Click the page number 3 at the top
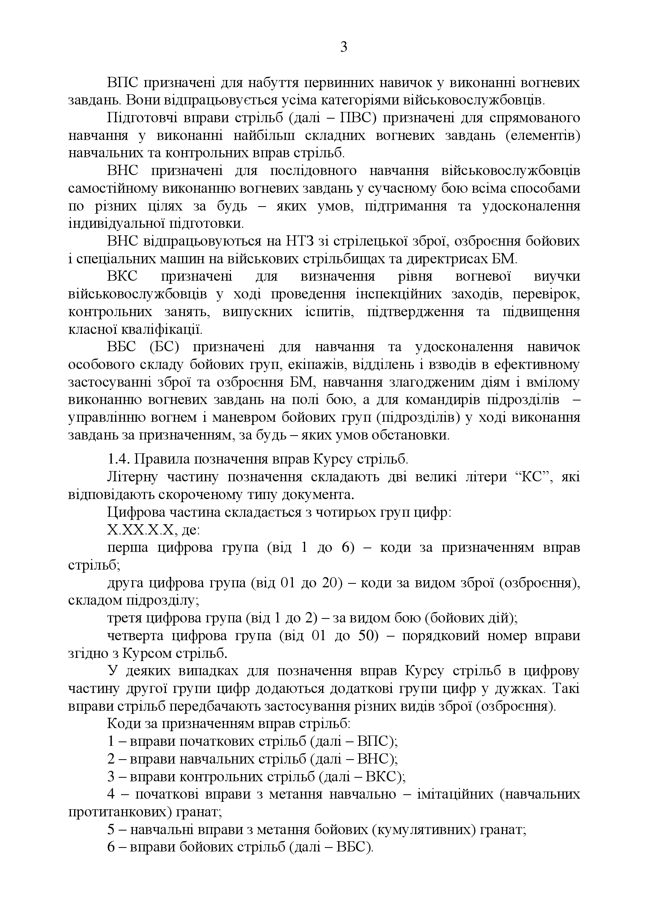pyautogui.click(x=344, y=48)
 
